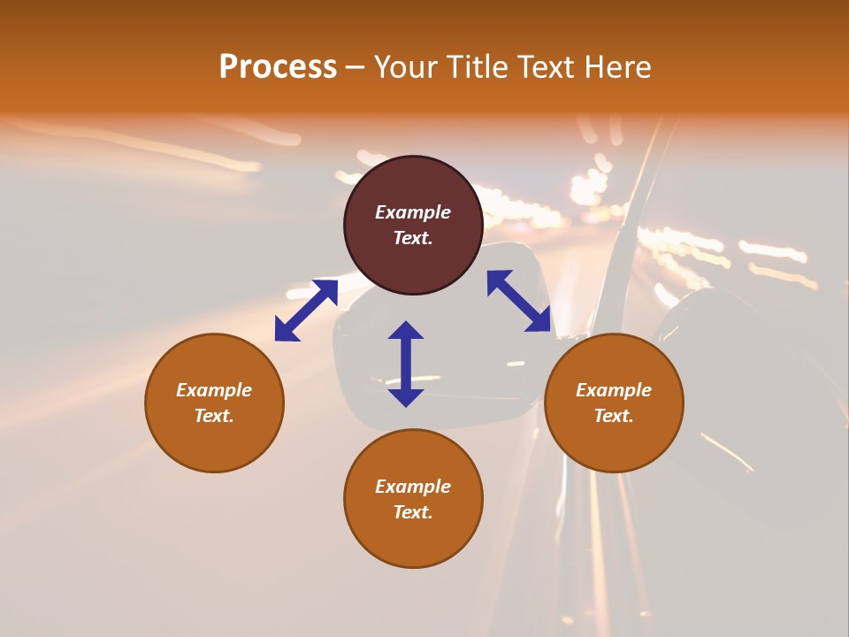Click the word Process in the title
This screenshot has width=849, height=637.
point(278,66)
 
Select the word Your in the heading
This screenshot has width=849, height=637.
point(403,66)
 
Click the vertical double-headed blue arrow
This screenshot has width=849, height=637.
point(406,364)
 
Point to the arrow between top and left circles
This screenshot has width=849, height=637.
point(306,310)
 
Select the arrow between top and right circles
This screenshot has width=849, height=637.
point(519,301)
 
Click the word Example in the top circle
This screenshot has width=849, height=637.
point(413,212)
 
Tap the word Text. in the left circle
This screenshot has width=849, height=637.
point(214,416)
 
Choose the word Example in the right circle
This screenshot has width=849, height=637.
point(614,390)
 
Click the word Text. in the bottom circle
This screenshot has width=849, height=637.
point(413,512)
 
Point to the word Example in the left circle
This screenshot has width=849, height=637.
point(214,390)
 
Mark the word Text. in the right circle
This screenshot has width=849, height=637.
point(614,416)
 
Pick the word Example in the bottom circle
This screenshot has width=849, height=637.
point(413,487)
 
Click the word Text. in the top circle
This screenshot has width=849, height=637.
point(413,238)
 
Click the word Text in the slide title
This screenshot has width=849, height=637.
point(545,66)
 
